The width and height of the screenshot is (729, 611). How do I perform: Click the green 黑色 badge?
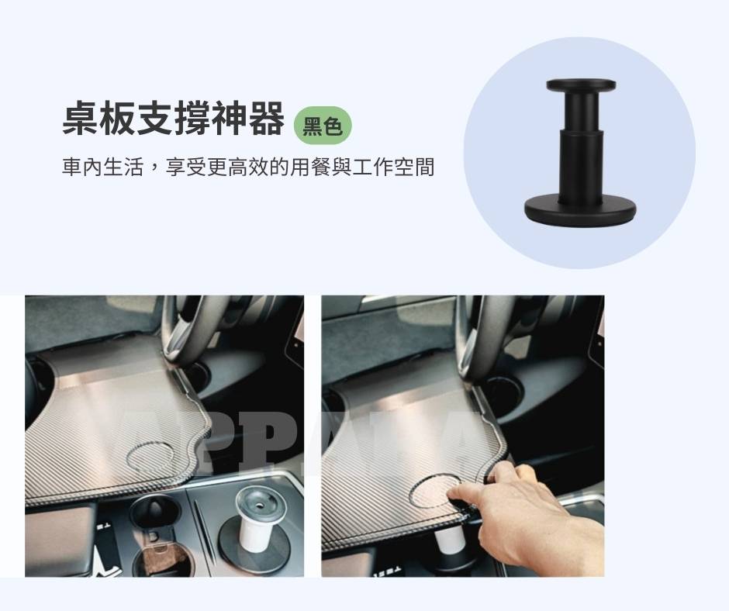[323, 126]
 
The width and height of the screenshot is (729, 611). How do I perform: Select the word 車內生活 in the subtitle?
[102, 167]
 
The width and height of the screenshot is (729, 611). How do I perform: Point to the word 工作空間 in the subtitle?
[393, 167]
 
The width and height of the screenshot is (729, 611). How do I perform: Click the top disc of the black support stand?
[581, 85]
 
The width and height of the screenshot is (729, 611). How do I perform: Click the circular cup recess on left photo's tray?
[150, 456]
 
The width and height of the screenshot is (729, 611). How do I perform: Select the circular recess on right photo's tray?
[436, 491]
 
